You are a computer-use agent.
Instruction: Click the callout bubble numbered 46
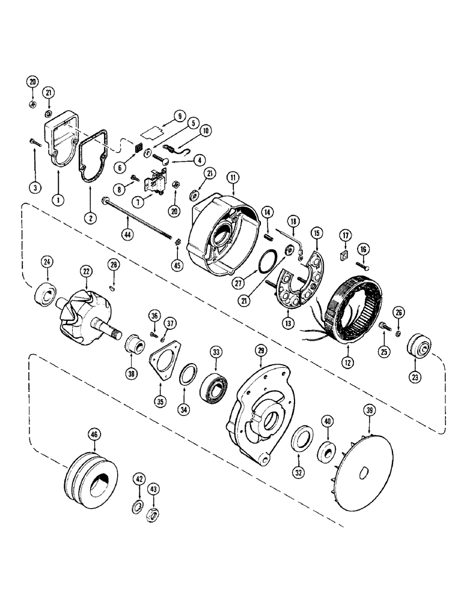pyautogui.click(x=93, y=432)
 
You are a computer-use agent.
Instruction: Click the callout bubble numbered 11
pyautogui.click(x=233, y=177)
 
